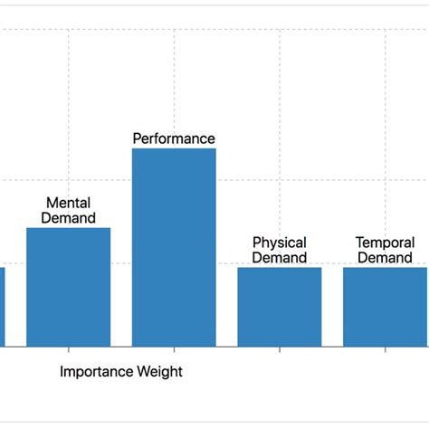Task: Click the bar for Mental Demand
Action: click(68, 287)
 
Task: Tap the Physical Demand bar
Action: click(279, 307)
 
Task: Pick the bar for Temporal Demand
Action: click(385, 307)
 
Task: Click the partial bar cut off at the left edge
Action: click(2, 307)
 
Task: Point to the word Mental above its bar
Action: click(68, 204)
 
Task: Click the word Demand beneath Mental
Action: click(68, 218)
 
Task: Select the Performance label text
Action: click(174, 138)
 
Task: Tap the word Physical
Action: click(279, 243)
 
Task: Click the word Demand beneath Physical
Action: click(279, 258)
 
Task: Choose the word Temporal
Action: click(385, 243)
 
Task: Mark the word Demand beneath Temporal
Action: click(385, 258)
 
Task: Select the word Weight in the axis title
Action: click(159, 371)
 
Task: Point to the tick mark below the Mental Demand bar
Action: click(68, 349)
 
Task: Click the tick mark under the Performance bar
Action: click(174, 349)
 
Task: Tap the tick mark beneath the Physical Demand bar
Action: click(280, 349)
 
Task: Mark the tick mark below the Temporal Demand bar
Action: click(386, 349)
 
